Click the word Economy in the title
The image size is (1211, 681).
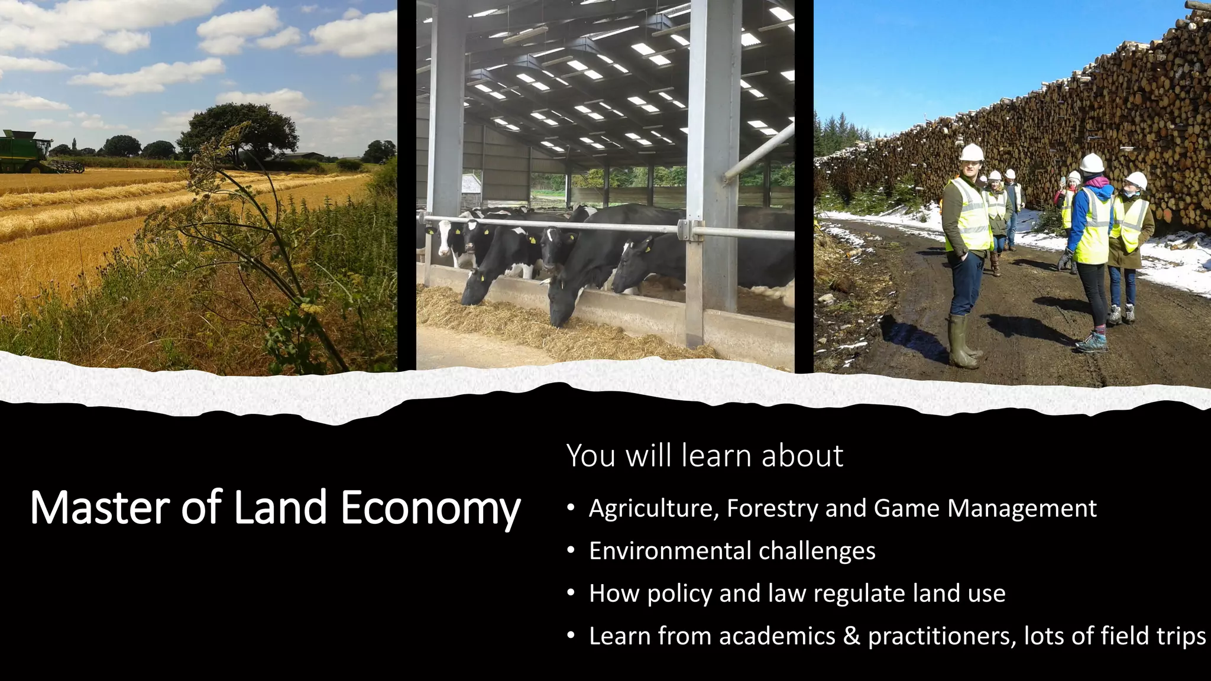430,507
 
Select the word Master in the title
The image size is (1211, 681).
99,507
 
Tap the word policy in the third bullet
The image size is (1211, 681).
679,594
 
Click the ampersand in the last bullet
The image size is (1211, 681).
851,636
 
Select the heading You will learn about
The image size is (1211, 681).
704,456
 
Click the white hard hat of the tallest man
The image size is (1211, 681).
971,153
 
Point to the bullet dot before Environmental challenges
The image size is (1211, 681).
570,551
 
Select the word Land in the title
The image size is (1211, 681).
280,507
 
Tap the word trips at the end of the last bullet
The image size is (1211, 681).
1180,637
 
